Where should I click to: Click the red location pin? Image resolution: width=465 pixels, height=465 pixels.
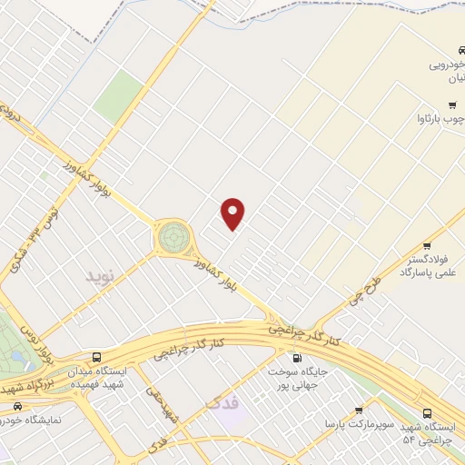coord(233,213)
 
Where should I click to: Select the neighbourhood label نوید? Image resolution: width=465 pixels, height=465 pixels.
coord(102,274)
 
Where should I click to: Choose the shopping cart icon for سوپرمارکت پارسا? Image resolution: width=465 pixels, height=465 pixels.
coord(359,411)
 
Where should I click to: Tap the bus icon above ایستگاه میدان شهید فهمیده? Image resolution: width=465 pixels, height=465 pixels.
coord(97,357)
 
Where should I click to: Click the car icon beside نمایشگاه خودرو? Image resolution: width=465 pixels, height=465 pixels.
coord(17,406)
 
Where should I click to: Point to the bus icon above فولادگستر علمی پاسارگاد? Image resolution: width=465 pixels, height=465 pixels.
coord(427,247)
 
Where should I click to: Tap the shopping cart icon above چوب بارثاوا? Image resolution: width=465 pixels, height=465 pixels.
coord(451,104)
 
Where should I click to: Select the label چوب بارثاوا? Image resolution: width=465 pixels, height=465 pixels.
coord(440,119)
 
